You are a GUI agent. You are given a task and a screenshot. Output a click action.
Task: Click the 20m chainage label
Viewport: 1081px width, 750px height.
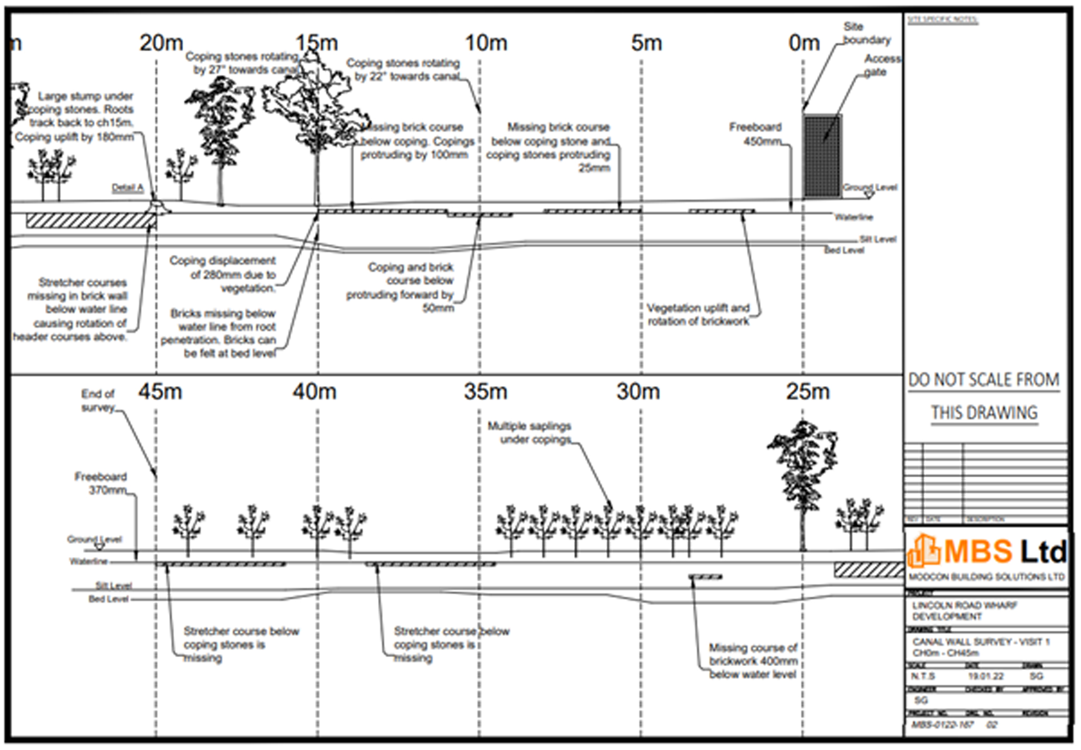point(161,43)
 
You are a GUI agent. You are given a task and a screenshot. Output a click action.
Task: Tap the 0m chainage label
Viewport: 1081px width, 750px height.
point(804,43)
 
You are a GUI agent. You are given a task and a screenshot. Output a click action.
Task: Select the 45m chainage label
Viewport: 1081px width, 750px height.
point(160,392)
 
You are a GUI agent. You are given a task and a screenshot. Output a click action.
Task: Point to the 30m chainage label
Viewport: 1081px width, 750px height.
point(638,392)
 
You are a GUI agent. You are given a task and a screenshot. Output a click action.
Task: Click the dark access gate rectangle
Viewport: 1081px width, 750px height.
point(822,156)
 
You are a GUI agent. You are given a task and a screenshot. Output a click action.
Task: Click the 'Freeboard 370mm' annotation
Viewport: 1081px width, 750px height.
point(101,483)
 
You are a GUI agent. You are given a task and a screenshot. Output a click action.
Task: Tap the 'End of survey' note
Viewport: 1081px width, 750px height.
point(98,400)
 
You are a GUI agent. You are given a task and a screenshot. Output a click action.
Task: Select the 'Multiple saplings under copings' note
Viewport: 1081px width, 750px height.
point(529,432)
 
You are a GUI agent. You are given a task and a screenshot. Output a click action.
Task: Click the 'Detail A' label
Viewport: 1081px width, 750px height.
point(127,188)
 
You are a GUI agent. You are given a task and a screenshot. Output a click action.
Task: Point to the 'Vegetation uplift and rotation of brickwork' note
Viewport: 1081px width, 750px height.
point(698,314)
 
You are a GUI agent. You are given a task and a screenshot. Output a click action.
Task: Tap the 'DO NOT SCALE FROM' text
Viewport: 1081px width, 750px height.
point(983,380)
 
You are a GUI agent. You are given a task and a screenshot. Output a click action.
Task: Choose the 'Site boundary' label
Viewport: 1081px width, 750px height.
point(866,33)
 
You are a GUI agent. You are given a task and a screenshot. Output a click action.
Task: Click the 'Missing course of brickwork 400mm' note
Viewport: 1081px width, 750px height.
point(752,661)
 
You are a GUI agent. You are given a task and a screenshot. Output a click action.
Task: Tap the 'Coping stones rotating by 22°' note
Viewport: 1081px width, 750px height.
point(403,70)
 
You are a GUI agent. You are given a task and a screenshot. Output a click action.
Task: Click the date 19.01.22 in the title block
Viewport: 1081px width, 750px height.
point(985,676)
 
